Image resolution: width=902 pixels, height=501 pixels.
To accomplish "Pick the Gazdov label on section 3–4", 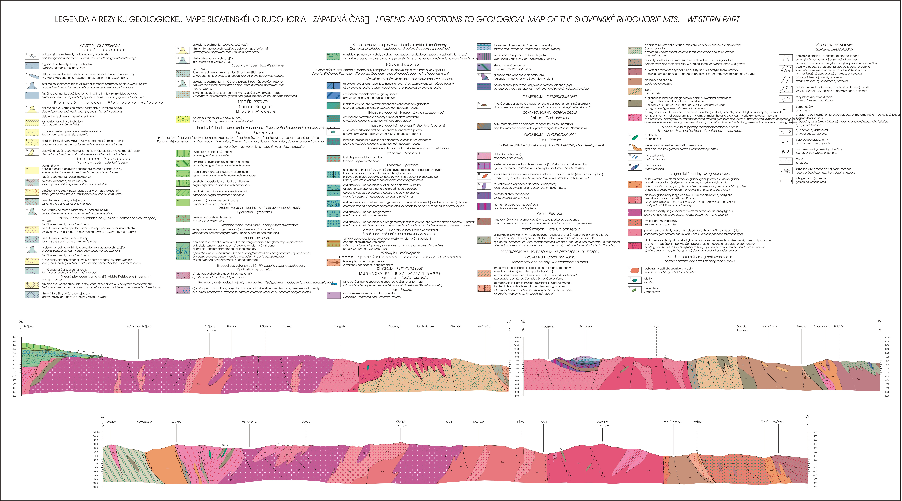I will (x=111, y=422).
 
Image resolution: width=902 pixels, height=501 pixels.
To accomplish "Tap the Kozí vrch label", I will (x=778, y=422).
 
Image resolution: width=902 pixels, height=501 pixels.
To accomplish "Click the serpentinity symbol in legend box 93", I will (x=634, y=290).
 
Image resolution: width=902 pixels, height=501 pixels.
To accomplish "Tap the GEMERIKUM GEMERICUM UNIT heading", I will (x=550, y=97).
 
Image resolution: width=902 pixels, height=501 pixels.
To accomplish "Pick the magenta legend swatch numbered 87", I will (x=634, y=212).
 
